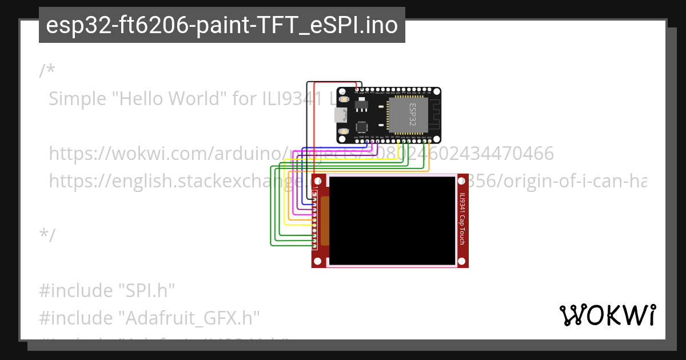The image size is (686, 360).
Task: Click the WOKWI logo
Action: (x=608, y=315)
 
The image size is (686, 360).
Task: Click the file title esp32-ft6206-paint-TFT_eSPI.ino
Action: (x=222, y=25)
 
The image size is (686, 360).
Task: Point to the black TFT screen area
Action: (x=392, y=220)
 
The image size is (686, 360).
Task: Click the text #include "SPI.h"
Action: (x=106, y=291)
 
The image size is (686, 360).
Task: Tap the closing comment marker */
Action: (x=47, y=235)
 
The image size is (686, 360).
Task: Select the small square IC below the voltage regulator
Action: (x=362, y=127)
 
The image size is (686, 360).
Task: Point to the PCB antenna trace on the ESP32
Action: (x=433, y=115)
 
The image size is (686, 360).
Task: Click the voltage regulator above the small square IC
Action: (x=362, y=106)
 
